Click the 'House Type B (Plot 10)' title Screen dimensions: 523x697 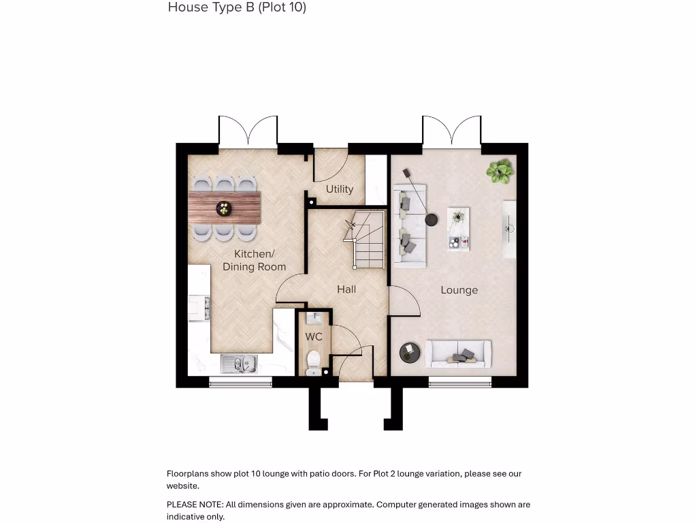[x=237, y=7]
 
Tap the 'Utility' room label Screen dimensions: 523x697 [x=339, y=189]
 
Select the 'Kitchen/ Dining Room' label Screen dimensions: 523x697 [x=254, y=260]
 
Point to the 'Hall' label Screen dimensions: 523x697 [x=346, y=289]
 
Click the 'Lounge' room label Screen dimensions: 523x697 [x=459, y=290]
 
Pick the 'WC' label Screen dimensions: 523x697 [x=314, y=337]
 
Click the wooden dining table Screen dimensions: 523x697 [x=225, y=208]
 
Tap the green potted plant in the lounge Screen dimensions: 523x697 [x=500, y=170]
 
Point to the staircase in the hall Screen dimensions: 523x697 [x=368, y=242]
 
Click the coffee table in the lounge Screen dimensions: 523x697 [x=458, y=228]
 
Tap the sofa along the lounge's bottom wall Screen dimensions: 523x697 [x=458, y=353]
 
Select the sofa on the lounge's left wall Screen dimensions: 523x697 [x=410, y=225]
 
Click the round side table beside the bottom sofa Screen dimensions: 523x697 [x=410, y=351]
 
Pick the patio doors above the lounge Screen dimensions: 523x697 [x=451, y=131]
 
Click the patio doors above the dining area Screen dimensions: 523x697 [x=248, y=131]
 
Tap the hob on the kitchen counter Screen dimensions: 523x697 [x=199, y=307]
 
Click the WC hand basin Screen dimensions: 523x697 [x=314, y=318]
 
